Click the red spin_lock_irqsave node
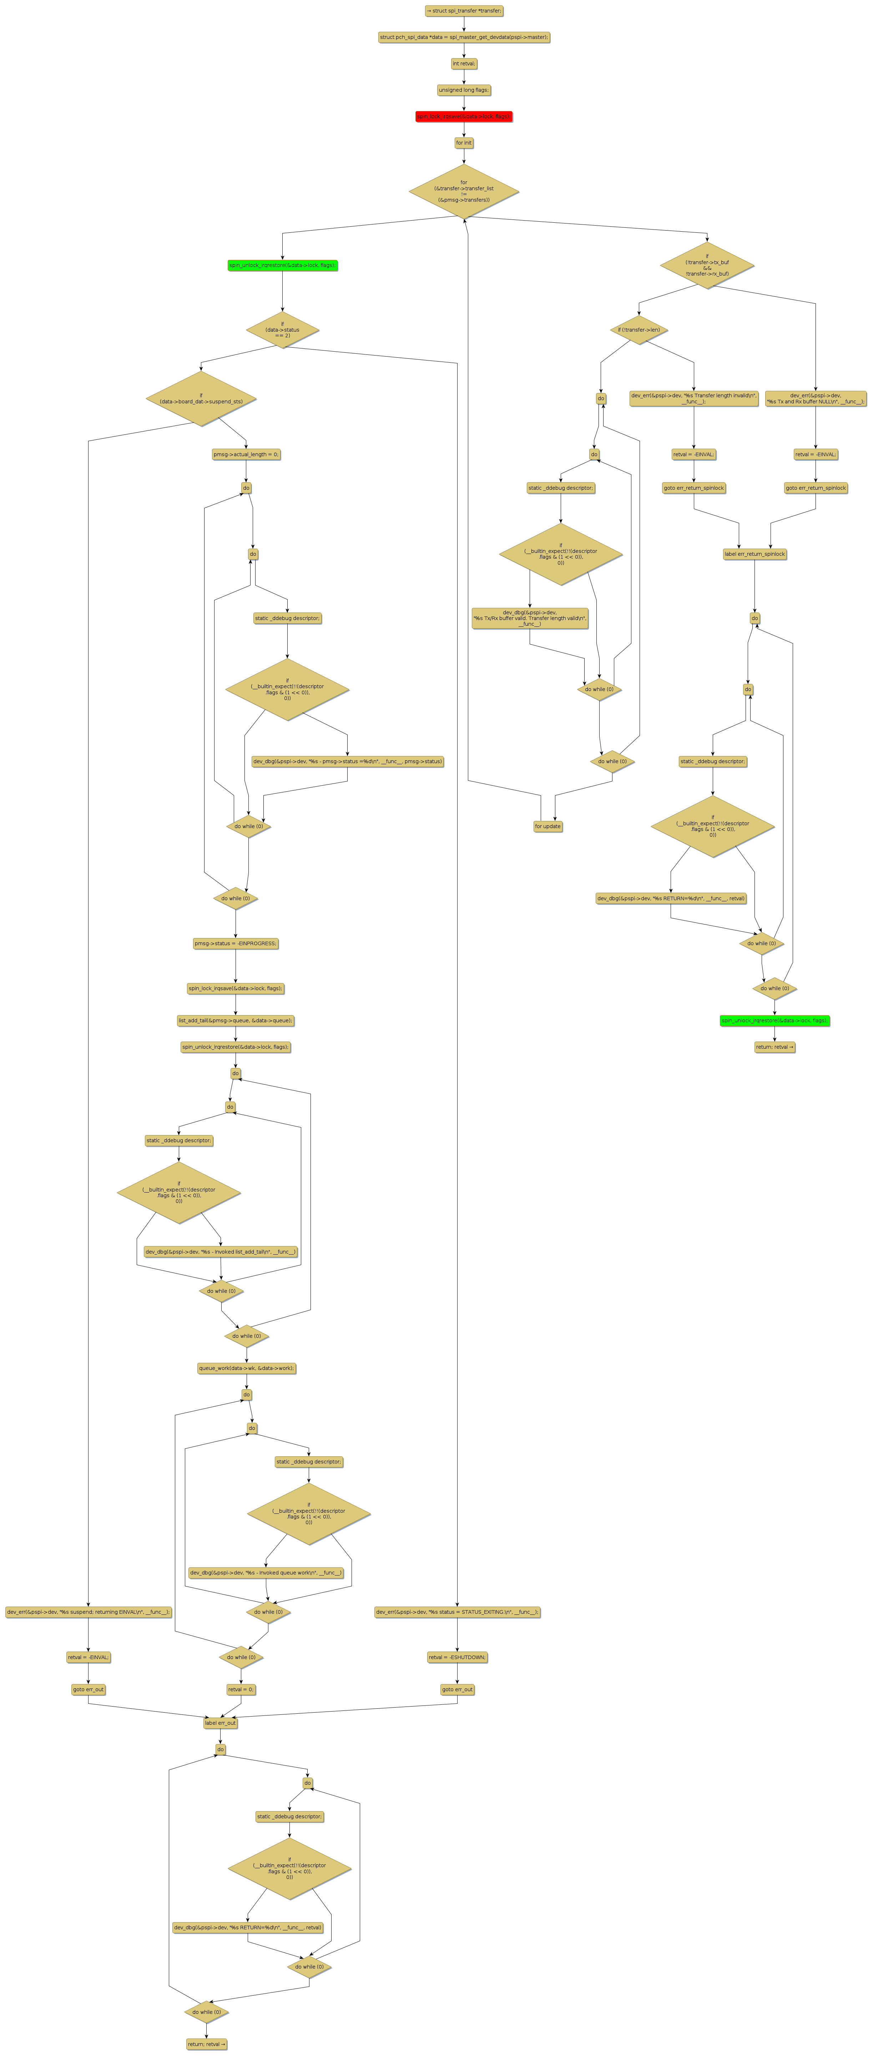464,116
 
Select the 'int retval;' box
464,64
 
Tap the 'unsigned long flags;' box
464,90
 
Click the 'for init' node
464,143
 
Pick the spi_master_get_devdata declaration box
464,37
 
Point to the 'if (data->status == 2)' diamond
282,329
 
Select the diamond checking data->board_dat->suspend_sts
201,398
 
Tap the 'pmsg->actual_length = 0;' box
246,454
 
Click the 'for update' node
547,826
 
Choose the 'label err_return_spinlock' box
754,554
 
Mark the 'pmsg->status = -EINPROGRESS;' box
236,943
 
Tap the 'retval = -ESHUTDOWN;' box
457,1657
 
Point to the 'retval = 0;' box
241,1689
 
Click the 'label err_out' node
220,1722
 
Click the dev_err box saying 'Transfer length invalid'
693,398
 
